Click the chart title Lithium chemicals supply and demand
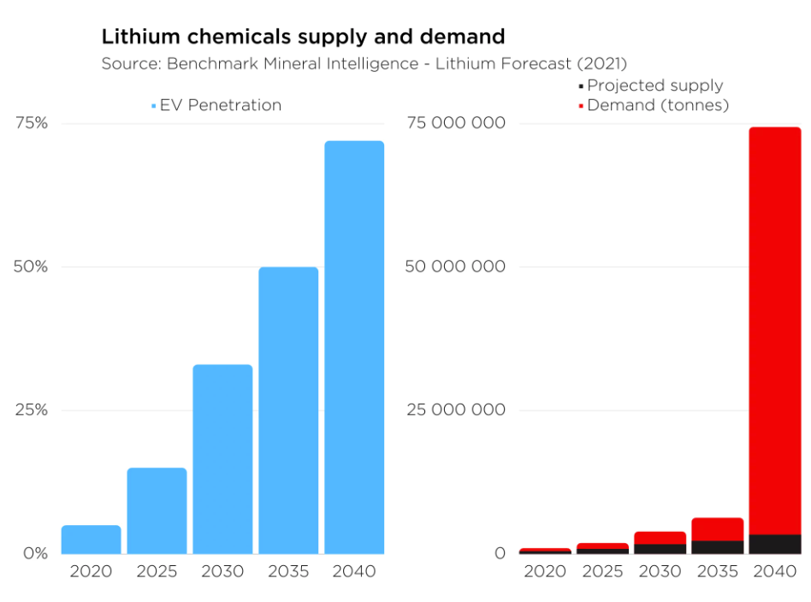coord(303,37)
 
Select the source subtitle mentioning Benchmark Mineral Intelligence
coord(364,63)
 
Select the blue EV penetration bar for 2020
coord(91,540)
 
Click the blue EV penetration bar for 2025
coord(157,511)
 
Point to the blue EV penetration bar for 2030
coord(222,459)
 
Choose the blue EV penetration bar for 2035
coord(288,410)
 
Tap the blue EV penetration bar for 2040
coord(354,347)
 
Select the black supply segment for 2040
coord(775,544)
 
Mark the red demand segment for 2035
coord(718,528)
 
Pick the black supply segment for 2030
coord(660,548)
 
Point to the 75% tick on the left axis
coord(32,123)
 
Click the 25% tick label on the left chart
coord(32,410)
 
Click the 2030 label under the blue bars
coord(222,571)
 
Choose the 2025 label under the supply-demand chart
coord(602,571)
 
